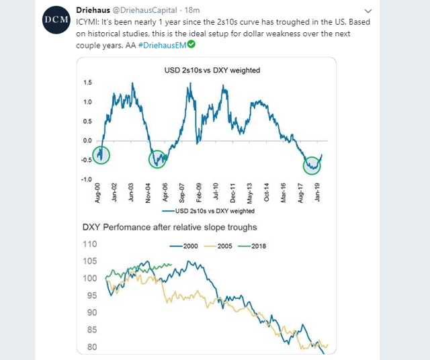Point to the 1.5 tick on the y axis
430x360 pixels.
(88, 83)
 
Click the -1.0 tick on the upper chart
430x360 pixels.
(86, 179)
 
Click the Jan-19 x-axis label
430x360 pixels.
(321, 193)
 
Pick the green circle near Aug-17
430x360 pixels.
(312, 163)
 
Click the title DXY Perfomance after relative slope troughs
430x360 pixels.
(170, 227)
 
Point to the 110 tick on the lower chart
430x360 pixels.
(89, 245)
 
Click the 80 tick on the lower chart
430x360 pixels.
(91, 347)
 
